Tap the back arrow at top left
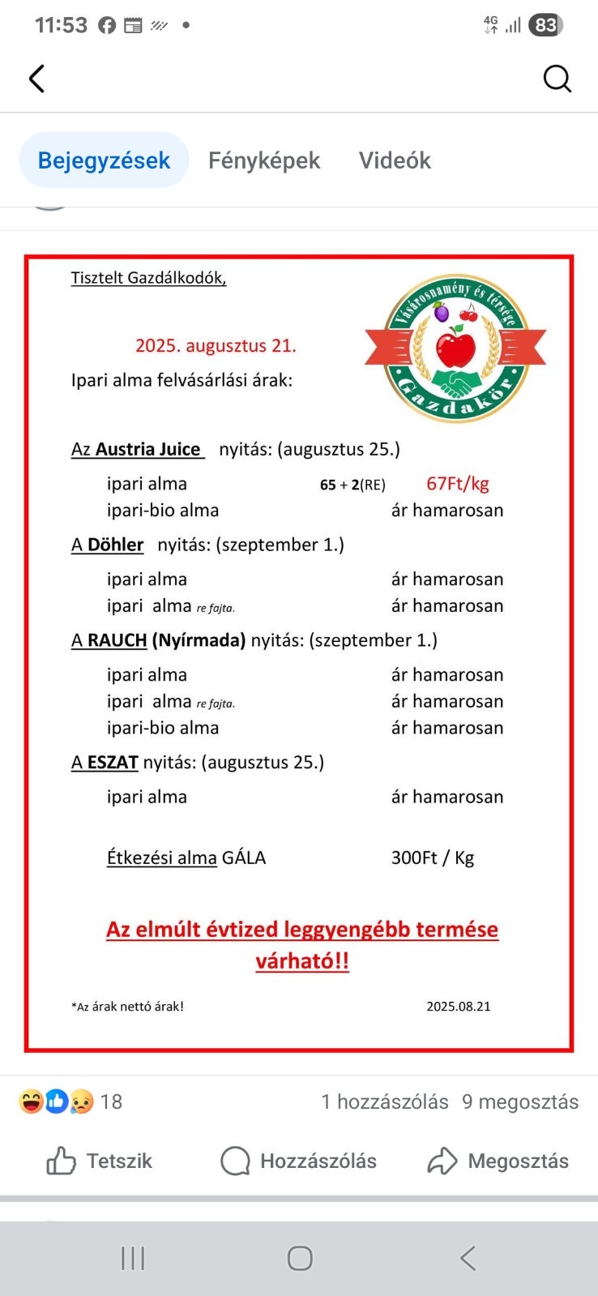coord(36,79)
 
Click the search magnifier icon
coord(557,79)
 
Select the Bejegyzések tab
coord(104,160)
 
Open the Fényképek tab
coord(264,160)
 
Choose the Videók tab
coord(395,160)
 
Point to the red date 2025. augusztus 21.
coord(216,346)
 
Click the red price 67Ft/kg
coord(458,484)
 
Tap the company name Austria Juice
coord(147,450)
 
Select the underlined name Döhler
coord(115,545)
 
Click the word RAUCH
coord(117,640)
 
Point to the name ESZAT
coord(113,763)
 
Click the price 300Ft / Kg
coord(433,858)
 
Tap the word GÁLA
coord(244,858)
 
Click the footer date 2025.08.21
coord(459,1007)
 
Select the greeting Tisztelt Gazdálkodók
coord(148,278)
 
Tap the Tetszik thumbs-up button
coord(100,1161)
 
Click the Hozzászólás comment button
coord(299,1161)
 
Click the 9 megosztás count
coord(520,1102)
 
